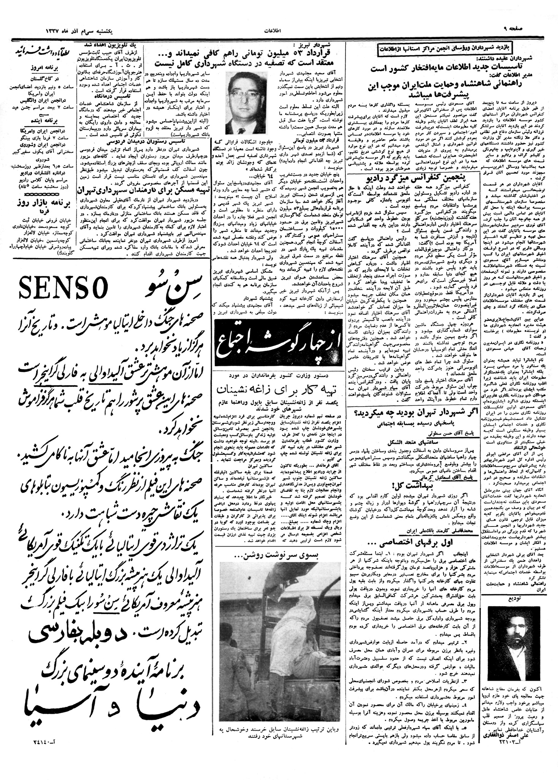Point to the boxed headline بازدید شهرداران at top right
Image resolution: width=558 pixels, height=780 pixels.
(445, 49)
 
